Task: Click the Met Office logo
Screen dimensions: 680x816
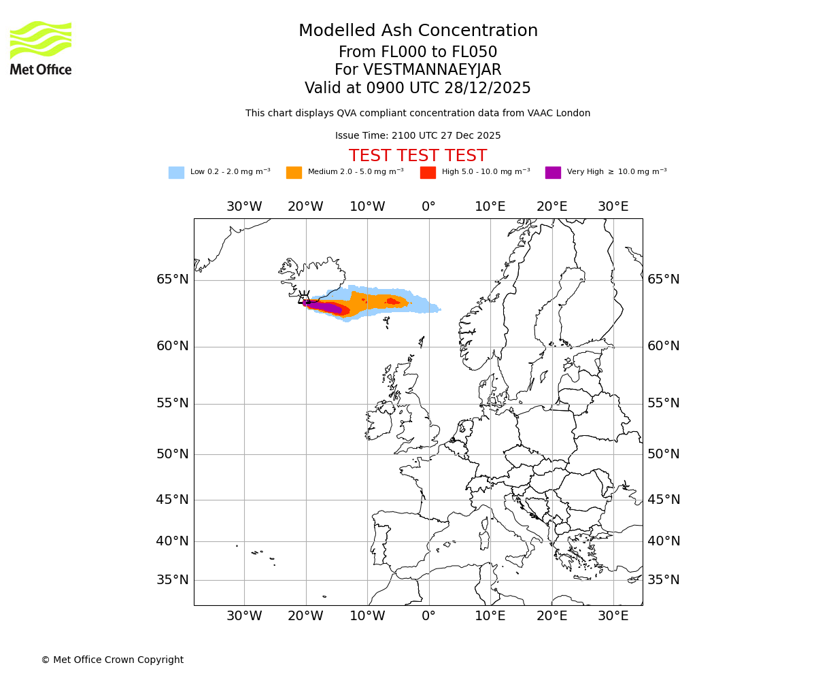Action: click(x=41, y=48)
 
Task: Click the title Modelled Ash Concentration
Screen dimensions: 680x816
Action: click(x=418, y=31)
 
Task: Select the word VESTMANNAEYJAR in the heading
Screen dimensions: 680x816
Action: click(x=432, y=70)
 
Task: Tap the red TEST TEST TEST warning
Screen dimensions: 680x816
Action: click(x=418, y=156)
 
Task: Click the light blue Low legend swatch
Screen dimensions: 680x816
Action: click(x=176, y=173)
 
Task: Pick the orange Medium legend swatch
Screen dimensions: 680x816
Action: click(x=294, y=173)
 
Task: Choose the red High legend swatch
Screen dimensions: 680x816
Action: click(x=428, y=173)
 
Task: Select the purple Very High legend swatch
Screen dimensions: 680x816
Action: click(x=553, y=173)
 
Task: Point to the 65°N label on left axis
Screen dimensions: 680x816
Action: click(x=173, y=279)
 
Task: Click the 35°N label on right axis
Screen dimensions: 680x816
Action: click(x=663, y=580)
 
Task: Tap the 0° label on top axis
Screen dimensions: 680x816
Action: click(x=428, y=207)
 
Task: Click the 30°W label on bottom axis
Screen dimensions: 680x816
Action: click(x=244, y=616)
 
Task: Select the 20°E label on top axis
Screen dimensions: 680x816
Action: click(x=551, y=207)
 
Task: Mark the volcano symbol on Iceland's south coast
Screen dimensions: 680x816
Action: click(x=304, y=298)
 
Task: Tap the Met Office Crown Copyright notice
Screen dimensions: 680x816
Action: click(x=112, y=660)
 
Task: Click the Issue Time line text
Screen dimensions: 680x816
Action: click(x=418, y=136)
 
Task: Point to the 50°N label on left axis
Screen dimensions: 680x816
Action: click(x=173, y=454)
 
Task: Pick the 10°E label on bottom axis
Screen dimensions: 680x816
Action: click(x=490, y=616)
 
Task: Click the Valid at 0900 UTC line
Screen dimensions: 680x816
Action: click(x=418, y=88)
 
